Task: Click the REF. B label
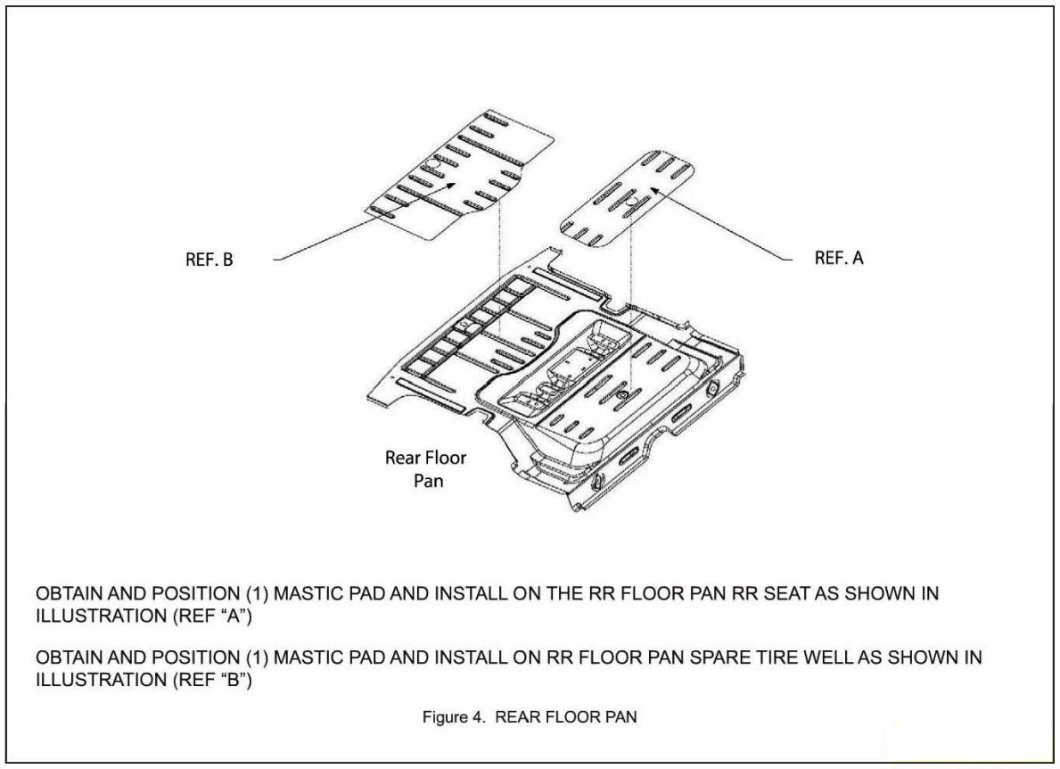tap(211, 261)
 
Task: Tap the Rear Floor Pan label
tap(425, 467)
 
